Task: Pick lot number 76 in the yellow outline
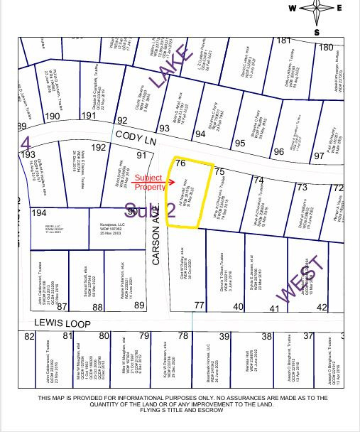180,163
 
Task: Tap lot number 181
284,40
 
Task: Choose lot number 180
326,48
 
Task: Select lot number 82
29,336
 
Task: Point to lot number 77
200,304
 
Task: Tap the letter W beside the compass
293,9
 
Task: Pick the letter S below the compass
317,32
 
